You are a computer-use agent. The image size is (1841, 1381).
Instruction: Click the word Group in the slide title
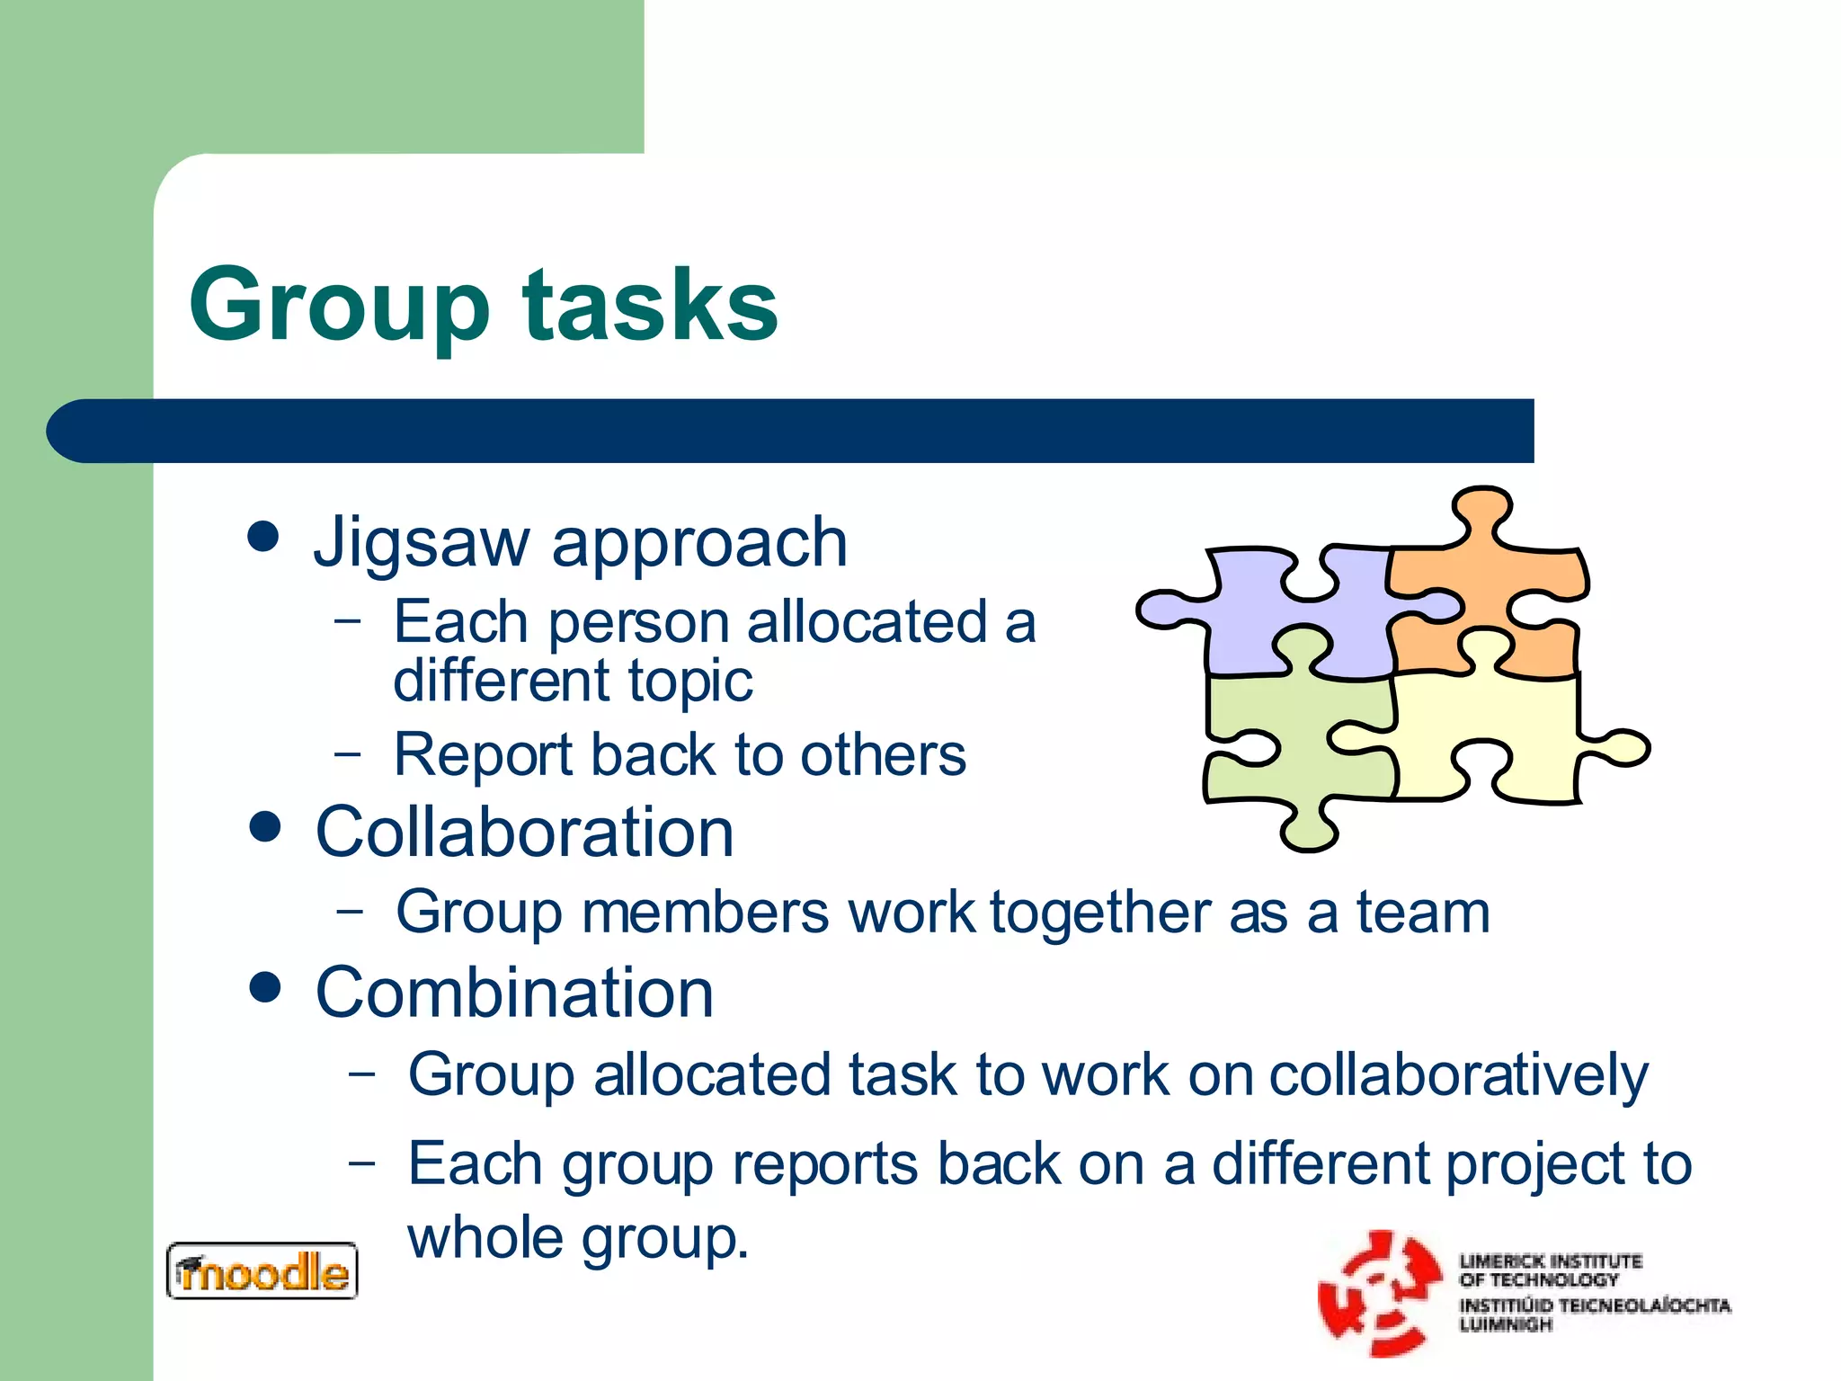[x=339, y=306]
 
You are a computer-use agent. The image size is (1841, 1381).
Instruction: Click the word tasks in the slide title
[x=650, y=306]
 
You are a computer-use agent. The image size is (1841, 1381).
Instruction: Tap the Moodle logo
[x=262, y=1271]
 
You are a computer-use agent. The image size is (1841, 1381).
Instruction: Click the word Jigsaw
[x=421, y=543]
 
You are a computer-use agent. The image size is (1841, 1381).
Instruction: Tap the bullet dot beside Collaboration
[x=264, y=827]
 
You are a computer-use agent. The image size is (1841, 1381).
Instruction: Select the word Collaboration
[x=525, y=833]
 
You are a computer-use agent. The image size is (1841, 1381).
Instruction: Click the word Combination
[x=514, y=993]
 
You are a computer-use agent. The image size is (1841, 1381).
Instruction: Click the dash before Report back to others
[x=347, y=752]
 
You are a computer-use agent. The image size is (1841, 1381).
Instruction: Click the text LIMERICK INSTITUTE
[x=1550, y=1261]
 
